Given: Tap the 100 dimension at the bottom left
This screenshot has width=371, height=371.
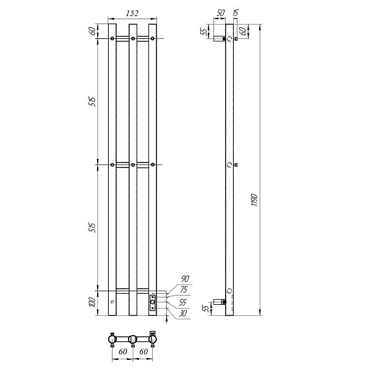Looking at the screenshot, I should click(92, 303).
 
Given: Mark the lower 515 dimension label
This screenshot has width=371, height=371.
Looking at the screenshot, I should click(92, 227).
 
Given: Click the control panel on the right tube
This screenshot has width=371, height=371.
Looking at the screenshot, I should click(153, 302).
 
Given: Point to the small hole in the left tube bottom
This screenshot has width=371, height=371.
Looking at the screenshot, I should click(112, 302).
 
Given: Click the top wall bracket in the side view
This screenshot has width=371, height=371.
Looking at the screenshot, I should click(218, 39).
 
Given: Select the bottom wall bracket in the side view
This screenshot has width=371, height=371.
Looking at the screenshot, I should click(218, 301).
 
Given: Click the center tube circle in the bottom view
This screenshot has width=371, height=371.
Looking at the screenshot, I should click(132, 339).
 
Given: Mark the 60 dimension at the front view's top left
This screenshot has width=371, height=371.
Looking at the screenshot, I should click(92, 32).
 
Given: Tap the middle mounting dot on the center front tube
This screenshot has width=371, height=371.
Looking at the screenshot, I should click(132, 164).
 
